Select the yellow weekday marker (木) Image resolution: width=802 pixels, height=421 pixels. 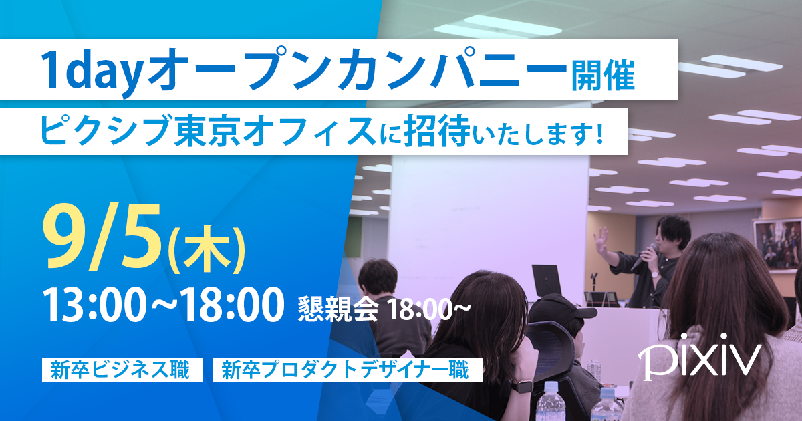[207, 251]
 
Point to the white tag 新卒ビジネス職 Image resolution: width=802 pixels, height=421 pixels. [122, 370]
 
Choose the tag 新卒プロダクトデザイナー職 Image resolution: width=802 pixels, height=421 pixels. [348, 370]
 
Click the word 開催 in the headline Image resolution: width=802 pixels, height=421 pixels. [603, 76]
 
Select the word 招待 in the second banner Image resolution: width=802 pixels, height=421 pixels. [437, 131]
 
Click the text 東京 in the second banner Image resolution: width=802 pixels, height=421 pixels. [207, 131]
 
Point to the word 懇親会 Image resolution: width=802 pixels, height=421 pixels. [338, 309]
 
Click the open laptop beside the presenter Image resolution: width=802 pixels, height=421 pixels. [547, 284]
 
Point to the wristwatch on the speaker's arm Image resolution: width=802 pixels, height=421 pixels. [655, 275]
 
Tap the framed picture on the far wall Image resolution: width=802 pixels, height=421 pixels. [778, 245]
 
